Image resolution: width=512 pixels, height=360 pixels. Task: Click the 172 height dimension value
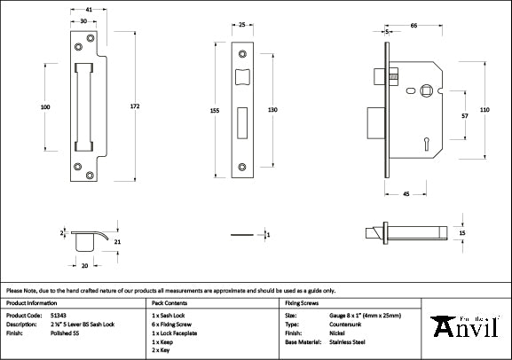pos(134,106)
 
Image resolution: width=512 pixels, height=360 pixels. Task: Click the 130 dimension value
pos(272,109)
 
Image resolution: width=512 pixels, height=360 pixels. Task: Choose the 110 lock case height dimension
pos(484,109)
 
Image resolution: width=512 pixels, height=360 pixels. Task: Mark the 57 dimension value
pos(464,116)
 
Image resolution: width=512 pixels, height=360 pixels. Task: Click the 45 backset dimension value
pos(405,192)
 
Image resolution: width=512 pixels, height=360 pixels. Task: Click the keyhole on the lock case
pos(426,140)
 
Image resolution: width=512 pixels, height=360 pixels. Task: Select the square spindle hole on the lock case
pos(427,89)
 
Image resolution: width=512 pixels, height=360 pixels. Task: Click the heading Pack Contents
pos(168,302)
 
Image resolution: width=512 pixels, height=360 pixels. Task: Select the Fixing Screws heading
pos(301,302)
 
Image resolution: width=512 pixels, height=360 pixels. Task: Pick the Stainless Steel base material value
pos(346,341)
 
